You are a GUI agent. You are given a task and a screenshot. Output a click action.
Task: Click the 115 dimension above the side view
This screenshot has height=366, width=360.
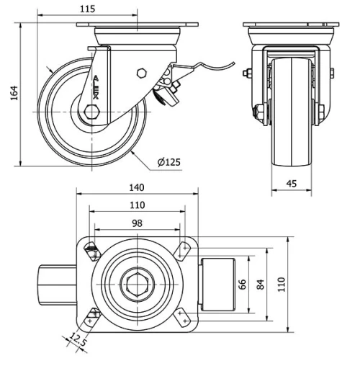point(87,9)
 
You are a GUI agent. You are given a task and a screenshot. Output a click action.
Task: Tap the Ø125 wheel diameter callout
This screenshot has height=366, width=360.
point(168,162)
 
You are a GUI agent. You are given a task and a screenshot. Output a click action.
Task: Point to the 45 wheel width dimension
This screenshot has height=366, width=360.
point(291,184)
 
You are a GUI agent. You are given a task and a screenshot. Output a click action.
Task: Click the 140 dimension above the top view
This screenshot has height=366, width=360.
point(136,187)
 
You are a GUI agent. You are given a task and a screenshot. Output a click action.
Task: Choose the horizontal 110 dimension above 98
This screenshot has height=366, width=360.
point(136,205)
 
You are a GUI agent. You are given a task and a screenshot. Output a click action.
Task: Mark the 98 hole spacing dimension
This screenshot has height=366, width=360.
point(136,223)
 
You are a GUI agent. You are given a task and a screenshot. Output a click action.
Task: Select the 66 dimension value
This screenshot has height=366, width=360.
point(243,284)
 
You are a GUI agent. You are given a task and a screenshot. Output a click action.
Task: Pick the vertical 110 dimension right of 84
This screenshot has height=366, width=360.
point(282,284)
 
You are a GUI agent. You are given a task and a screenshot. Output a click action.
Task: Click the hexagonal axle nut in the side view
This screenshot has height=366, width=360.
point(91,113)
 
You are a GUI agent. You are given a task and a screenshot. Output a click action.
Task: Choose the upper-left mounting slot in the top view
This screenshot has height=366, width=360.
point(91,251)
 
